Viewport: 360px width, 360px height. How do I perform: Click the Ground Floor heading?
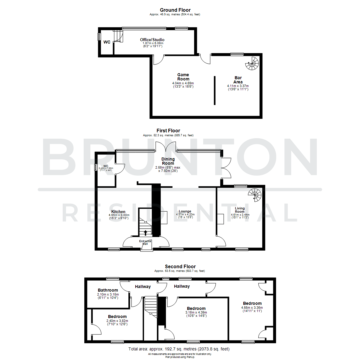(x=175, y=10)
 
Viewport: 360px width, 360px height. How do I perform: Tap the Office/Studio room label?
(x=152, y=40)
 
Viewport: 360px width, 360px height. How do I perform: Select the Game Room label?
(x=183, y=77)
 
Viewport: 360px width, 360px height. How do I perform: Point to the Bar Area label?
(x=238, y=80)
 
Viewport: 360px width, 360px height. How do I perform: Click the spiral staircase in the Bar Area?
(x=252, y=63)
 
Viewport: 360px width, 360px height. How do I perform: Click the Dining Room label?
(x=168, y=161)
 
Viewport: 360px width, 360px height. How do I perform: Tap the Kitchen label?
(x=118, y=212)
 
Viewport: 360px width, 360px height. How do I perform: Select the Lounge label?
(x=185, y=211)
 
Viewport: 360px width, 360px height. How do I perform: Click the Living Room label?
(x=240, y=210)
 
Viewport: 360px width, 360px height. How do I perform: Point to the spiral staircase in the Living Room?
(x=255, y=195)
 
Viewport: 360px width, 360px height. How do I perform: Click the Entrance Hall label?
(x=145, y=242)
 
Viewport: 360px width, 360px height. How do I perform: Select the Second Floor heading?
(x=180, y=267)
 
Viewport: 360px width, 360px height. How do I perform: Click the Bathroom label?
(x=108, y=290)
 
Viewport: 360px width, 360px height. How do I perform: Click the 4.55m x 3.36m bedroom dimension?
(x=252, y=308)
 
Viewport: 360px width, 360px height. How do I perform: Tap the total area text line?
(x=179, y=349)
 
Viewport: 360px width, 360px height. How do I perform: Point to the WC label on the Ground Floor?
(x=107, y=42)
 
